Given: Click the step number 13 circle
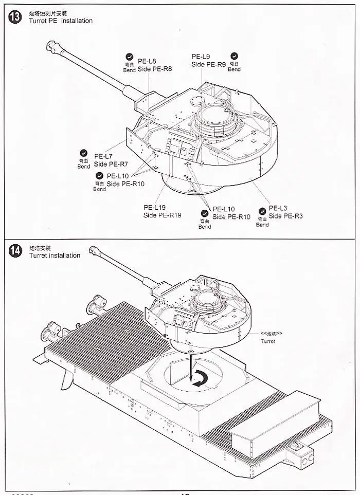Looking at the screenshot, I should (15, 17).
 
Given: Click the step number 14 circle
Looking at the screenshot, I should (15, 251).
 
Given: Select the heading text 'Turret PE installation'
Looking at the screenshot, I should (61, 21).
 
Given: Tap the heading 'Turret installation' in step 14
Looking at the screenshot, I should (55, 255).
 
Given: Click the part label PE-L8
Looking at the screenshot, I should (147, 61).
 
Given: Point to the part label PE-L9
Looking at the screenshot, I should (201, 57).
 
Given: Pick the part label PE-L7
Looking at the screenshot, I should (103, 156).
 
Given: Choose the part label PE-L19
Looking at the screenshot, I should (155, 208).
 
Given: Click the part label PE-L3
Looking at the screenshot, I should (278, 208).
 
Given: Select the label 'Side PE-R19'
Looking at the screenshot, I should (162, 215).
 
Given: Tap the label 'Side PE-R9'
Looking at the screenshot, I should (208, 64).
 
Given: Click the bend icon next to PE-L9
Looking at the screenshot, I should (234, 56).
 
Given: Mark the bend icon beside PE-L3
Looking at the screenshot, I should (262, 211).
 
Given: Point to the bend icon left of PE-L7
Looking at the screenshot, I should (83, 153).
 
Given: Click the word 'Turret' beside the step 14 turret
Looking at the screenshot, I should (268, 341).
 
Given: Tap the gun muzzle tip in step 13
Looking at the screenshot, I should (50, 45).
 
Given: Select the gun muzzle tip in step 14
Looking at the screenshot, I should (93, 250).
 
